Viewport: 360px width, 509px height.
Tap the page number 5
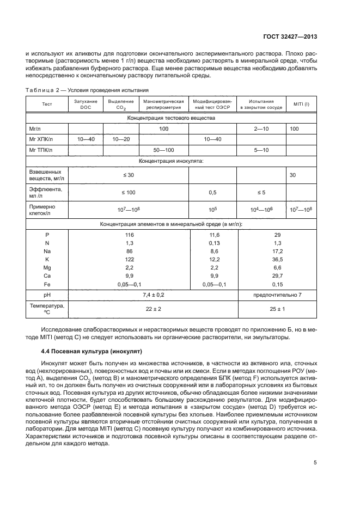pos(315,463)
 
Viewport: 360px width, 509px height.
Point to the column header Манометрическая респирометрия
pos(163,105)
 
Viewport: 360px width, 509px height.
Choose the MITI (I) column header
pos(301,105)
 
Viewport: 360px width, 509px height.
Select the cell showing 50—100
pos(163,150)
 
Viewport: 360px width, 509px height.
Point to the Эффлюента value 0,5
pos(212,192)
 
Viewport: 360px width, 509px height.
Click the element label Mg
pos(46,268)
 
